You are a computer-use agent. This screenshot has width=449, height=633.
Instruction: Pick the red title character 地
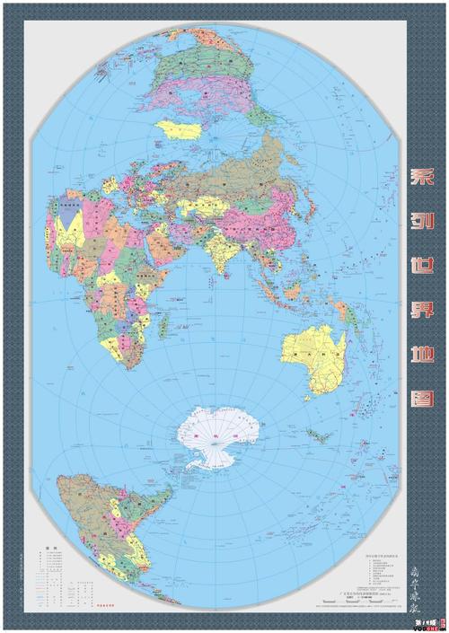tap(424, 361)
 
